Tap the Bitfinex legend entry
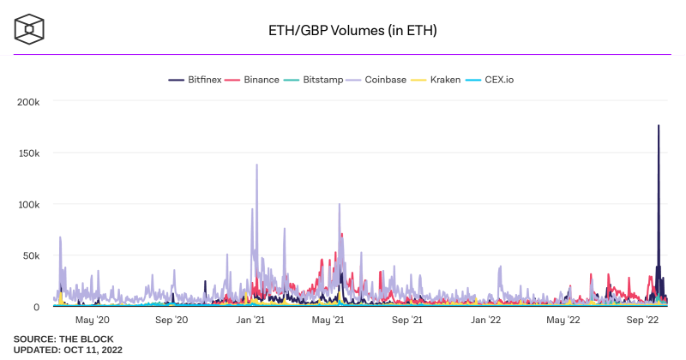click(196, 80)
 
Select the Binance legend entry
click(255, 80)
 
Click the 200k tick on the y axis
click(28, 101)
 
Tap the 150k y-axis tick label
click(28, 153)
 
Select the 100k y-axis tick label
click(28, 204)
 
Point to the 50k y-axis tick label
click(31, 255)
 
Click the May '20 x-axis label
click(93, 320)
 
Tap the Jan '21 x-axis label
click(250, 320)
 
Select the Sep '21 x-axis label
click(406, 320)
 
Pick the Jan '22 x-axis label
click(485, 320)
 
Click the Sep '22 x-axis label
click(641, 320)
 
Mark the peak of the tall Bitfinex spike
click(659, 126)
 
